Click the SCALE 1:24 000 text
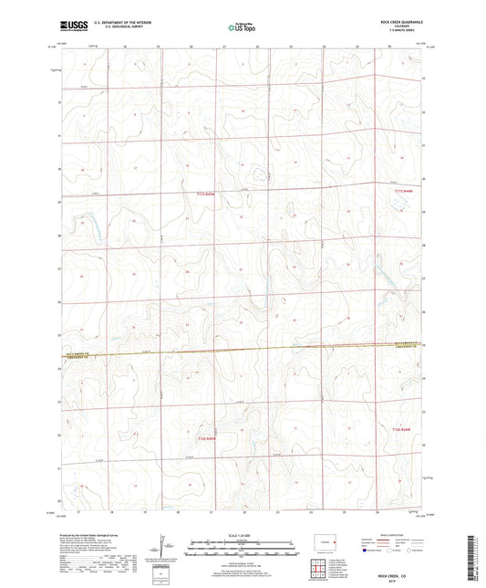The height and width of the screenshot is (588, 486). click(x=243, y=534)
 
